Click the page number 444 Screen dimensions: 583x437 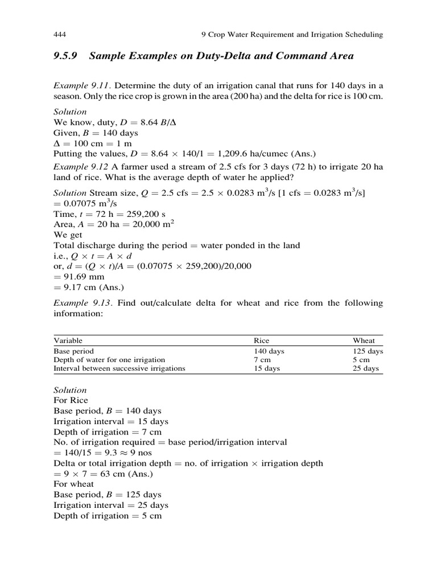(x=60, y=35)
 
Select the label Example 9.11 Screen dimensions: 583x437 (x=80, y=85)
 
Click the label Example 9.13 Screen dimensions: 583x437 (x=80, y=303)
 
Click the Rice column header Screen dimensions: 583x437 (x=261, y=340)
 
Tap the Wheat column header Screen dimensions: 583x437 (x=364, y=340)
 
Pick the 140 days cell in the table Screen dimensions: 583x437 (x=269, y=351)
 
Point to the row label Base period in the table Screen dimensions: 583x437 (x=73, y=351)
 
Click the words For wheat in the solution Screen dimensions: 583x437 (x=74, y=484)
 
